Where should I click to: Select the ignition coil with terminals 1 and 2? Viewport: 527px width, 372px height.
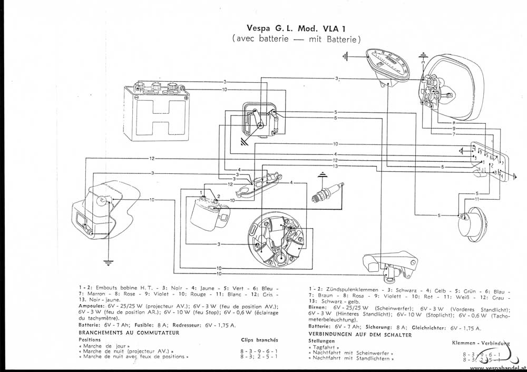tap(206, 211)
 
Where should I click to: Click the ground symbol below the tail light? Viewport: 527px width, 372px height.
tap(108, 261)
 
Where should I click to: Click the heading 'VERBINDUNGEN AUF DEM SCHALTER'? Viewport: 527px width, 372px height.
tap(362, 333)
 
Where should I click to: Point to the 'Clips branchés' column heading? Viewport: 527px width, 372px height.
tap(259, 340)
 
